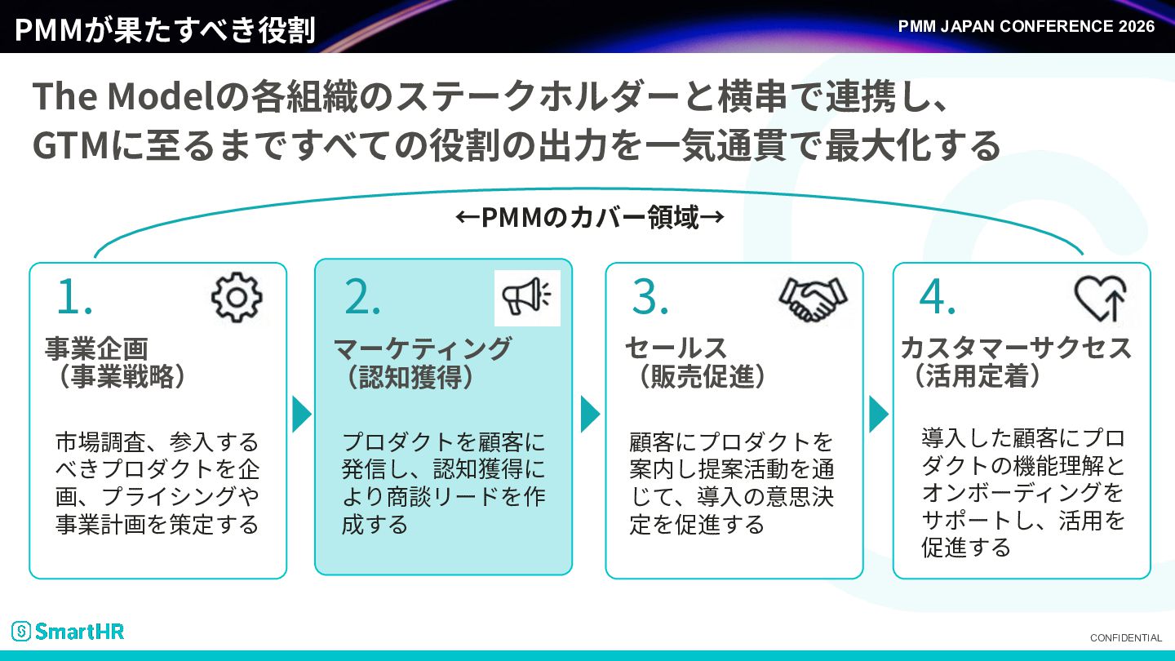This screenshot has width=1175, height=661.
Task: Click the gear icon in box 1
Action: click(x=237, y=297)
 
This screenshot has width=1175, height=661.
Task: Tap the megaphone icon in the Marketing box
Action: click(x=526, y=297)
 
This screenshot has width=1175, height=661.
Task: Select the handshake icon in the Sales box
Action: click(x=813, y=299)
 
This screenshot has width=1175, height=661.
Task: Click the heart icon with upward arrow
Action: click(x=1100, y=298)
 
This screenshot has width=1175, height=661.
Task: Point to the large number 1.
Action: click(x=74, y=296)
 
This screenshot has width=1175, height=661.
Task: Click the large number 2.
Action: click(x=362, y=296)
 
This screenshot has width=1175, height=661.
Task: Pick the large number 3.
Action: click(x=650, y=296)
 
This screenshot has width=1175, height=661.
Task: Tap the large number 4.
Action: click(x=938, y=296)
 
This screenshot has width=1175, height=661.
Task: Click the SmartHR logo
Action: click(x=68, y=631)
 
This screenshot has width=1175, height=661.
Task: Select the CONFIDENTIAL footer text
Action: click(x=1126, y=638)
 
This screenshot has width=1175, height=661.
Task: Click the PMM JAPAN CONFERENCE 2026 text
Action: click(x=1026, y=26)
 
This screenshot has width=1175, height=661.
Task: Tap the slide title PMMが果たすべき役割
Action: click(x=165, y=29)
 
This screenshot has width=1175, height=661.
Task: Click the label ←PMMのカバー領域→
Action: click(x=590, y=217)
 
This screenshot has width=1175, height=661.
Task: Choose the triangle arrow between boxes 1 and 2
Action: click(x=301, y=415)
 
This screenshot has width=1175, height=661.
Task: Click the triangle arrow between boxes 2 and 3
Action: click(x=590, y=415)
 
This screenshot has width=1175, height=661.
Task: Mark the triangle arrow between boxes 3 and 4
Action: click(x=879, y=415)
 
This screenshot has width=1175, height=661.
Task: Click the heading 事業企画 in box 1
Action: click(x=96, y=348)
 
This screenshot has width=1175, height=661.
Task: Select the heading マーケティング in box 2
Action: click(x=423, y=348)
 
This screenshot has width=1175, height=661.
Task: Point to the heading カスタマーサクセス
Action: click(x=1016, y=348)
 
